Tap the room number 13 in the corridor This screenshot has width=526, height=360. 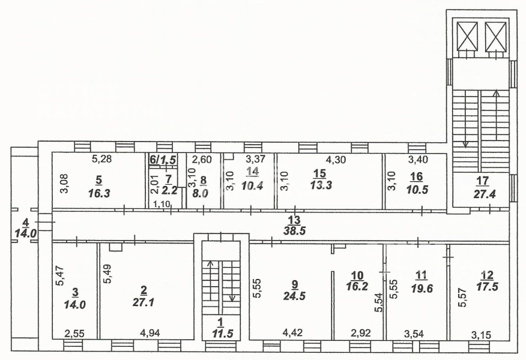pos(295,220)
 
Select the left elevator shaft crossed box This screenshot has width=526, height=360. pos(467,35)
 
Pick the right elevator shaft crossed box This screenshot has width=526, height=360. pos(495,35)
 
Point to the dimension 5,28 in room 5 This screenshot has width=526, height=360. pos(101,159)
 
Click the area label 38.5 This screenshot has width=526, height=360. pos(294,232)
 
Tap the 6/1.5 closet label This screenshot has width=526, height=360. pos(162,160)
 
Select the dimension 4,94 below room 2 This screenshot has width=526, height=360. pos(150,333)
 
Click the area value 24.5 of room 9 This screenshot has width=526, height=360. pos(294,296)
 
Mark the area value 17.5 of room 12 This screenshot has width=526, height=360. pos(488,287)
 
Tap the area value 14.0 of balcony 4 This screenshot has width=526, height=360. pos(25,233)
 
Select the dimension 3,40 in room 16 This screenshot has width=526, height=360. pos(419,160)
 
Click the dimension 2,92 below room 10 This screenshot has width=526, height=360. pos(361,333)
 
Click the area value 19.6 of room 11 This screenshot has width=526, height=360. pos(422,287)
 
